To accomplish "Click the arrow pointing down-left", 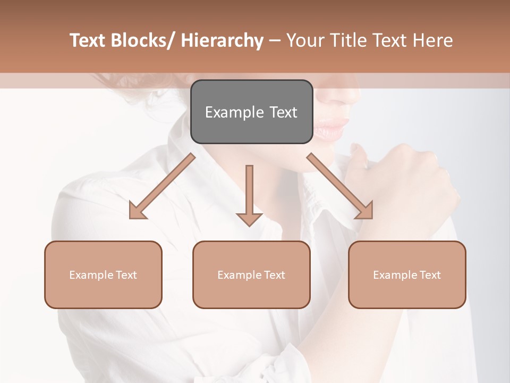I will coord(161,187).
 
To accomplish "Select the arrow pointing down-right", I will coord(340,186).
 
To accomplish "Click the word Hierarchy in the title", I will coord(222,40).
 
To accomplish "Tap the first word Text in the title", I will coord(88,40).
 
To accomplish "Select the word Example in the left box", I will coord(91,275).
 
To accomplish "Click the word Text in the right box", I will coord(430,275).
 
